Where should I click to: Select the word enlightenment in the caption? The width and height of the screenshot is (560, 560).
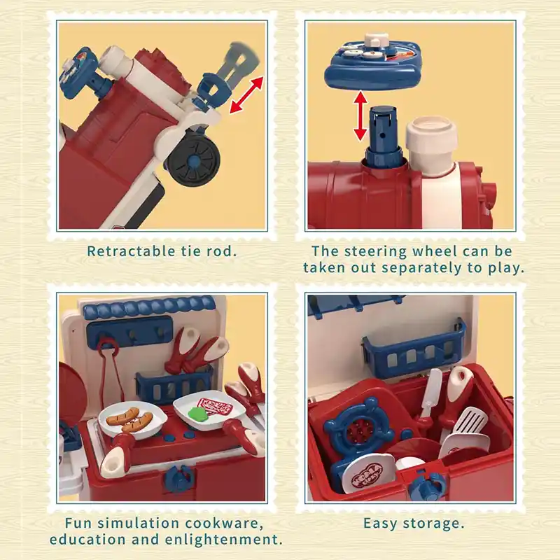(221, 539)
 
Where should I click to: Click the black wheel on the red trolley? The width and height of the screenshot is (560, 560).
(194, 163)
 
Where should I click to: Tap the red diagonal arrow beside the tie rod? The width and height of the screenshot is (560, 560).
(246, 95)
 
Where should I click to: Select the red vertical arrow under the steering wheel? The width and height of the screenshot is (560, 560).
(360, 115)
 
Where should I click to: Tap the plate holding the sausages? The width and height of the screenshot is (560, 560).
(132, 421)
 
